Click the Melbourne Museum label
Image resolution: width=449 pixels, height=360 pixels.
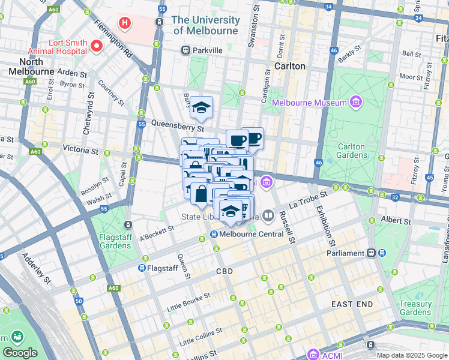point(309,103)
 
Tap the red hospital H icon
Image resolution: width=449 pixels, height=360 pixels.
point(125,23)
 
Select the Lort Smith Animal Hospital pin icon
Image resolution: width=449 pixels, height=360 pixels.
point(96,46)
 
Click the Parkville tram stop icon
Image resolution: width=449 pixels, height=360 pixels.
point(186,50)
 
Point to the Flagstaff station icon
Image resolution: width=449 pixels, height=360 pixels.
point(142,268)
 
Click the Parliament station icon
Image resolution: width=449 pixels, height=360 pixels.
point(372,253)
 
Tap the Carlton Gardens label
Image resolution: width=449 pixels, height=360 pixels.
point(351,151)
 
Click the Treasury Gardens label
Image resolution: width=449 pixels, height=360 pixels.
point(415,308)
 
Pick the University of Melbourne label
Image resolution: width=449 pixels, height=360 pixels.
point(205,25)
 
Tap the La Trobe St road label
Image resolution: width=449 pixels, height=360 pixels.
point(307,199)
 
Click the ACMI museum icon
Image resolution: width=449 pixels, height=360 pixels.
point(313,354)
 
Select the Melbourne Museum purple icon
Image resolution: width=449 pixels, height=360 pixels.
point(357,103)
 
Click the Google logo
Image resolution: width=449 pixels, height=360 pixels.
point(20,352)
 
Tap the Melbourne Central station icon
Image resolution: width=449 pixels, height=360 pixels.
point(213,234)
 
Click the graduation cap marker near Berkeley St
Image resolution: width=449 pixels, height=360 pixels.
point(201,108)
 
